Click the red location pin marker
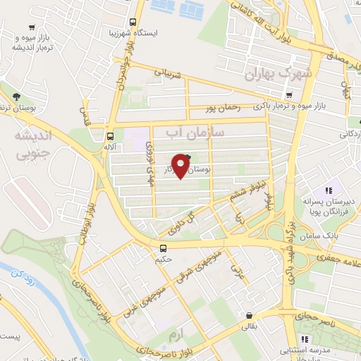(182, 165)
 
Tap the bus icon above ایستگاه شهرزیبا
(134, 21)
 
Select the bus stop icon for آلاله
(110, 137)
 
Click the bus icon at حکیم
(163, 248)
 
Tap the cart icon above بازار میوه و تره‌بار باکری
(289, 95)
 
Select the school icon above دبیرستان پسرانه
(327, 190)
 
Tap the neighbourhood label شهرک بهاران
(281, 73)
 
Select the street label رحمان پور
(224, 108)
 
